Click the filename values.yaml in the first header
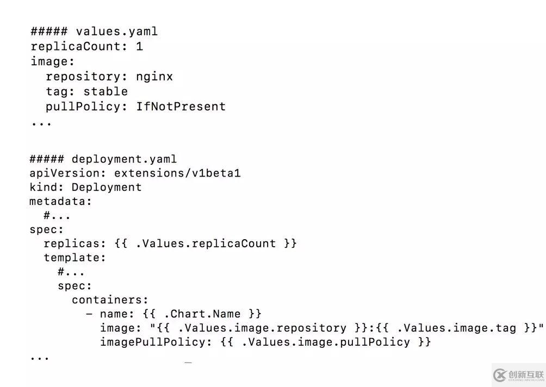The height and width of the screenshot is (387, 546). point(116,32)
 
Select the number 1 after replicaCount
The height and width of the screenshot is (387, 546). point(139,46)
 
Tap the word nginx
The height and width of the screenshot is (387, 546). point(154,77)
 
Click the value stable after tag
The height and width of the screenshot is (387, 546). point(106,91)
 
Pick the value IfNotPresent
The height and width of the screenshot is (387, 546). point(181,107)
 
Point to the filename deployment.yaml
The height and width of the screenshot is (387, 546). point(124,159)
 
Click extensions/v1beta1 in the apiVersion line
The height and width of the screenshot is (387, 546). point(177,173)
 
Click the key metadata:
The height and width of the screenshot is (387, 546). point(61,202)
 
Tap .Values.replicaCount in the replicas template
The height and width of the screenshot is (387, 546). point(206,244)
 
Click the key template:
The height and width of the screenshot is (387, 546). point(75,258)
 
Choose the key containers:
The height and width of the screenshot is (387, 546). point(110,299)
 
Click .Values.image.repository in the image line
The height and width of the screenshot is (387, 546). point(262,328)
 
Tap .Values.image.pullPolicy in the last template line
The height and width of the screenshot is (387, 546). point(325,342)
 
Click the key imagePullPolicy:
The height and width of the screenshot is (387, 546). point(156,342)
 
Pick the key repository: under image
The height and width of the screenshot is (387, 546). point(86,77)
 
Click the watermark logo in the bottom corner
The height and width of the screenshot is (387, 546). point(518,374)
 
